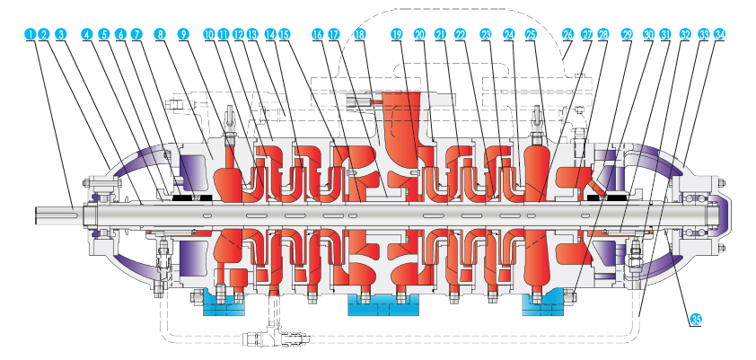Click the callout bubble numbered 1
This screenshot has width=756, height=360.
31,34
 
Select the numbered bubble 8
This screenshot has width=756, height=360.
160,34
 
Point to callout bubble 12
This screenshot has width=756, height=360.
238,34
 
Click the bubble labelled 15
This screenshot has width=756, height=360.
285,34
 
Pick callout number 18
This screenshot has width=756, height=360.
360,34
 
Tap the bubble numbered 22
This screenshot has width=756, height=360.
461,34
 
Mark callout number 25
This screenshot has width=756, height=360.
531,34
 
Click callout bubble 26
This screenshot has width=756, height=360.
567,34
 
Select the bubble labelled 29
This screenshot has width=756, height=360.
627,34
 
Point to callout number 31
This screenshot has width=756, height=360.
664,34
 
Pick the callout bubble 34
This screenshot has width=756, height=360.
720,34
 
